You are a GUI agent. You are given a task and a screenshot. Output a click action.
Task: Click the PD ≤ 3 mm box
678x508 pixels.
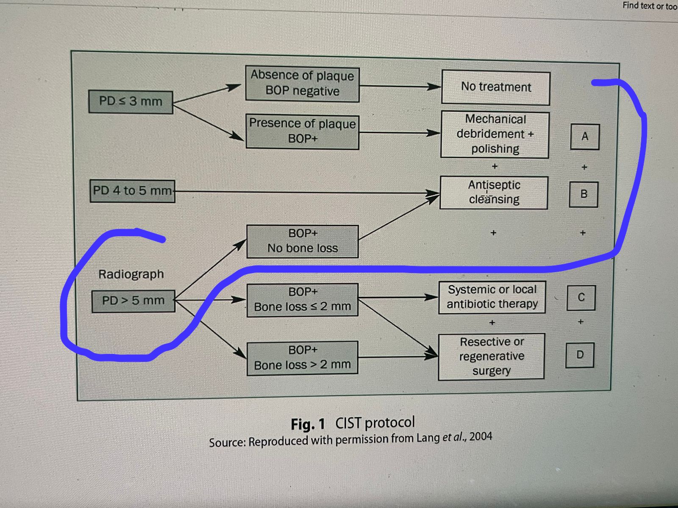click(131, 102)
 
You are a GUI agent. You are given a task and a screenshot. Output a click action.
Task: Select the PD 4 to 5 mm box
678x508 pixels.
click(132, 191)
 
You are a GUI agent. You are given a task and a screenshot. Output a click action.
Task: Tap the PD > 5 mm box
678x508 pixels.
click(133, 301)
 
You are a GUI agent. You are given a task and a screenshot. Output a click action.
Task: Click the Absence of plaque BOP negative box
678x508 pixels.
click(302, 84)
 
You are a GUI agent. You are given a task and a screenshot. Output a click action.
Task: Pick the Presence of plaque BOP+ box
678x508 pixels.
click(302, 132)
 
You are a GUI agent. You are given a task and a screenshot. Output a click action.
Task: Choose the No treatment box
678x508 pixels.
click(496, 87)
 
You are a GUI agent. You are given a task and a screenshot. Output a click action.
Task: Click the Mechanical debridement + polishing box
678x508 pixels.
click(495, 134)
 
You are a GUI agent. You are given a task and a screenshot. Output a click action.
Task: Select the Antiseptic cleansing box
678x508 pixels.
click(494, 193)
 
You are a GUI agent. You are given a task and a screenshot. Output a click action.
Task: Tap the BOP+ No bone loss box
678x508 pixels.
click(303, 241)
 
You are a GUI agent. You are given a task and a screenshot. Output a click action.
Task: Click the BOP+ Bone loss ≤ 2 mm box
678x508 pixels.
click(303, 300)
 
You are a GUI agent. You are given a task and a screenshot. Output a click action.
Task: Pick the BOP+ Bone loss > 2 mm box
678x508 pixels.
click(303, 358)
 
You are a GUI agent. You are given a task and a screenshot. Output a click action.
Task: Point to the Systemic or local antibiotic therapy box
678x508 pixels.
click(492, 297)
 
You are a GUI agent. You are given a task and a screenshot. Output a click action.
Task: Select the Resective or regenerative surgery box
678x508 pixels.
click(492, 356)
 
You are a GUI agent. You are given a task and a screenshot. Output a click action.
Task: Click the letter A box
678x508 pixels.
click(585, 137)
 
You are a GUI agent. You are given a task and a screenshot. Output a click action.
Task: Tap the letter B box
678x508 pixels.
click(584, 194)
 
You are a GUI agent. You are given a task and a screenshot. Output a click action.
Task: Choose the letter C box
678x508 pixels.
click(581, 298)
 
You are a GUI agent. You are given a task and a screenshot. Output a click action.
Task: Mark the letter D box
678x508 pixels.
click(580, 355)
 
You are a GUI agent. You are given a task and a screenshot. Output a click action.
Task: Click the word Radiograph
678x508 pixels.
click(131, 274)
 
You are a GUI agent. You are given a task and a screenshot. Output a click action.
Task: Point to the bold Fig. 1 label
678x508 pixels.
click(308, 424)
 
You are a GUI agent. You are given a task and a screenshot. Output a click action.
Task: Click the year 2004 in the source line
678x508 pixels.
click(481, 436)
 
